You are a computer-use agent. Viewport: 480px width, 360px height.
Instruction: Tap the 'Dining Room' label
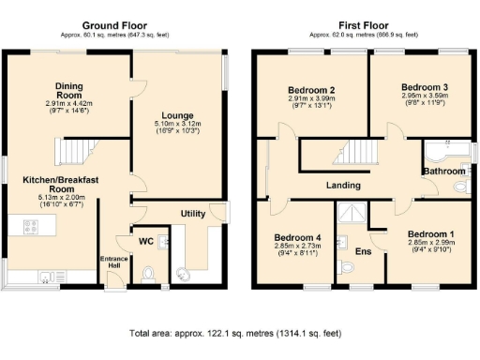point(69,89)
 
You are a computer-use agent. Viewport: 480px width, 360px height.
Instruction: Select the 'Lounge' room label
point(178,115)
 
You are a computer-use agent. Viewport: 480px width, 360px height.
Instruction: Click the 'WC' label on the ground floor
point(145,242)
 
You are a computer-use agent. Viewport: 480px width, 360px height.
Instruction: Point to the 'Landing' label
point(343,185)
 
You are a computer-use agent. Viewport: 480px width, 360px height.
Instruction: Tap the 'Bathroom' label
point(442,172)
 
